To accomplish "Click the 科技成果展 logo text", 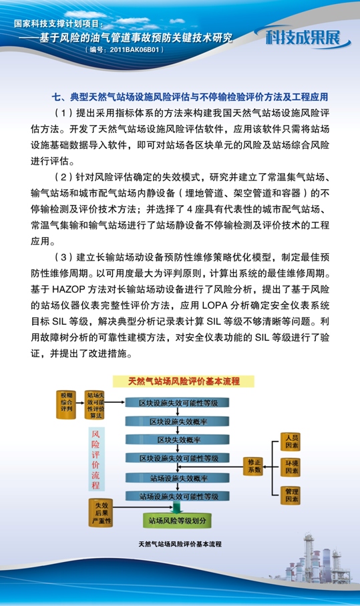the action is click(x=307, y=37).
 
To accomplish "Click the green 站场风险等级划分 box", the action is click(x=180, y=519).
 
